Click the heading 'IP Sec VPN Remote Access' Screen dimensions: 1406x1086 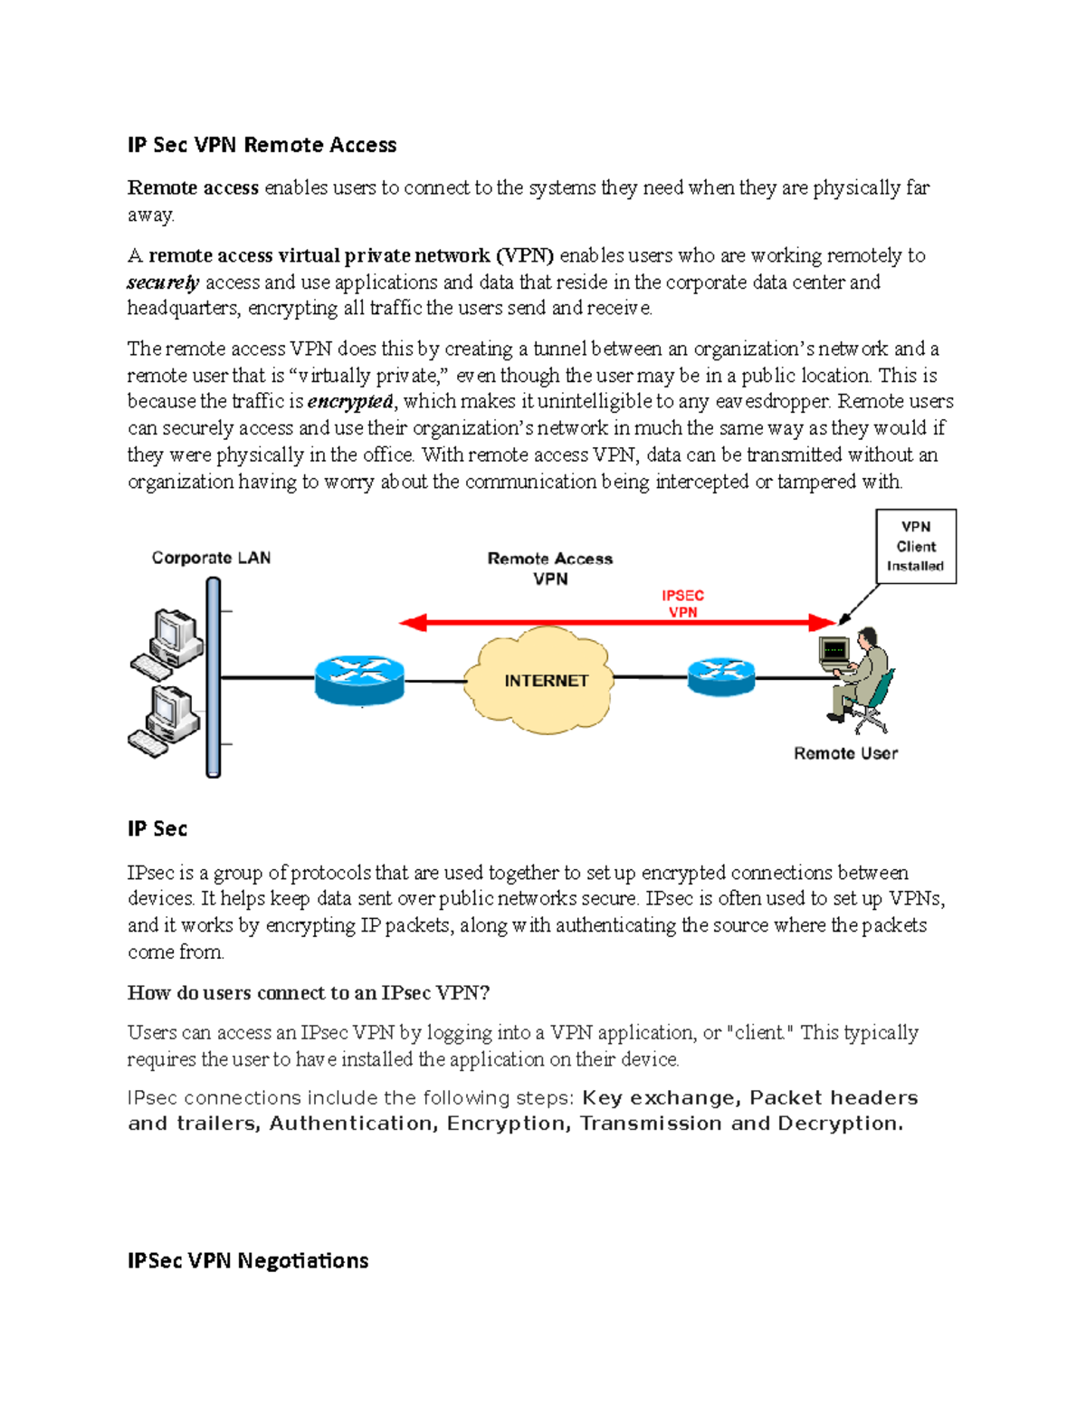coord(262,145)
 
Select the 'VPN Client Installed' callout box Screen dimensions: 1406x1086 coord(915,546)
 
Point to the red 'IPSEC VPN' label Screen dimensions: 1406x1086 coord(682,604)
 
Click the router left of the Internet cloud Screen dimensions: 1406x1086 coord(359,680)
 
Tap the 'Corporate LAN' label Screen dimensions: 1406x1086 coord(211,558)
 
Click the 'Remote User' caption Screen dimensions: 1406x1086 coord(845,753)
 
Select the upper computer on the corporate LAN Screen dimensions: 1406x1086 coord(169,642)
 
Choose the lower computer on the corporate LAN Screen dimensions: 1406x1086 coord(167,720)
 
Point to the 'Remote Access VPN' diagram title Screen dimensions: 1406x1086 coord(550,569)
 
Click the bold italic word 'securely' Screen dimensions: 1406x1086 coord(163,282)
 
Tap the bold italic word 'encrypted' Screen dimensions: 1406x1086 coord(350,401)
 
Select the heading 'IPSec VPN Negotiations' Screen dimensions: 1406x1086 coord(248,1260)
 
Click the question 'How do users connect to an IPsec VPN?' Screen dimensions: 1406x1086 coord(309,992)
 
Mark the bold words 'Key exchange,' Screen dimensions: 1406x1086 coord(662,1097)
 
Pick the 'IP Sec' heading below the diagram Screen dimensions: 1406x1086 coord(157,828)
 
